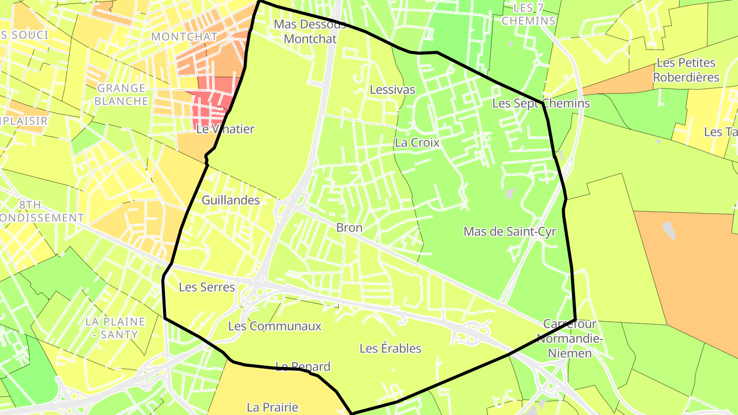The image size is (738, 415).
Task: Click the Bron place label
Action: click(349, 227)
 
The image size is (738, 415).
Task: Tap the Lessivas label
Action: click(392, 90)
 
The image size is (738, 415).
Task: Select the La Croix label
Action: click(417, 142)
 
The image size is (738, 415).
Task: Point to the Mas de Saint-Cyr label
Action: click(509, 231)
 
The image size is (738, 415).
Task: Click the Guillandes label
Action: click(231, 200)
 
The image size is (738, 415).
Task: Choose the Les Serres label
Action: click(207, 287)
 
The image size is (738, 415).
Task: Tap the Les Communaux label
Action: click(275, 326)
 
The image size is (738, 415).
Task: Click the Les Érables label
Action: click(390, 348)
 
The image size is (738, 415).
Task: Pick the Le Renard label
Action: click(302, 366)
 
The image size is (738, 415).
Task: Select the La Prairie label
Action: click(272, 407)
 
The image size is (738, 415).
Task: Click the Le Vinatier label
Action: click(225, 129)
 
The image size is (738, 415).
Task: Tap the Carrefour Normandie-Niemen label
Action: click(569, 338)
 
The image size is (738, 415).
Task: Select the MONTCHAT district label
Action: click(184, 36)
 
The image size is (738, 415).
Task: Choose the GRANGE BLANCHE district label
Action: click(121, 94)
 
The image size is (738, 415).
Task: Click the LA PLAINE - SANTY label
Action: click(115, 328)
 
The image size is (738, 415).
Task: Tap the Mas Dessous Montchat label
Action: click(310, 31)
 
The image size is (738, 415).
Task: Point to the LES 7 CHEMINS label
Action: click(528, 14)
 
